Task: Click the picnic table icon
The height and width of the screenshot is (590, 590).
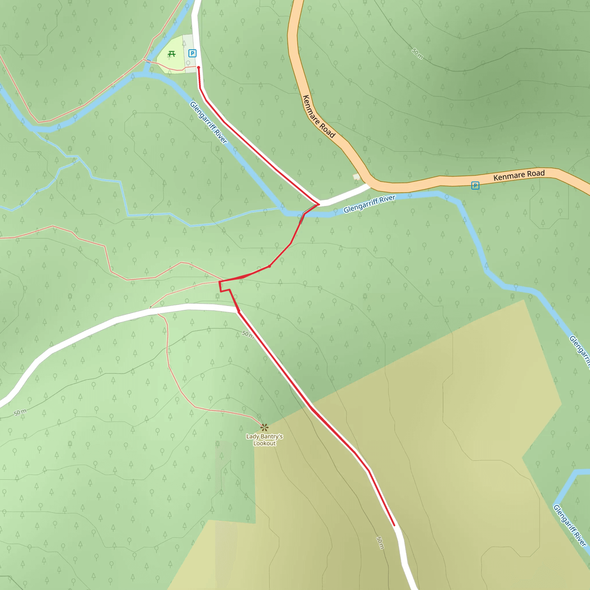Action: tap(172, 54)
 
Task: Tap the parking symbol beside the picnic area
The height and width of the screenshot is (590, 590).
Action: tap(192, 54)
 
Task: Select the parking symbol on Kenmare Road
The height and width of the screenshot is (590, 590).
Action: tap(475, 185)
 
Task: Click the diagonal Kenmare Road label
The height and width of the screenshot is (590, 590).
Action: tap(319, 116)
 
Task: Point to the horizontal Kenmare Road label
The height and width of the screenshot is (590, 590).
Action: tap(519, 175)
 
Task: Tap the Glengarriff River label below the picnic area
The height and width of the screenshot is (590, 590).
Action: tap(209, 122)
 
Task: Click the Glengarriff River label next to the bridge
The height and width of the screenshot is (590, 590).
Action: tap(370, 204)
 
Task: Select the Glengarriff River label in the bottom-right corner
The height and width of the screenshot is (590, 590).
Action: tap(570, 525)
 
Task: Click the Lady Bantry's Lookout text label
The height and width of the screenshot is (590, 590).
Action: tap(264, 440)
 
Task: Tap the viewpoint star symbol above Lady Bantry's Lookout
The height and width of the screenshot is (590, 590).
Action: tap(264, 427)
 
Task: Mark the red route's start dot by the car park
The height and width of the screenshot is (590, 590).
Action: tap(198, 67)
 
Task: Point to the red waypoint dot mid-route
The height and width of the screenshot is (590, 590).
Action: tap(269, 266)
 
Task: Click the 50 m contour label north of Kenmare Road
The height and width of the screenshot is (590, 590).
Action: tap(417, 54)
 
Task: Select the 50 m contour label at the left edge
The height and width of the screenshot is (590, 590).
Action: tap(20, 412)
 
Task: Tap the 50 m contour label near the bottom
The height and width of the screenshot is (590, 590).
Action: tap(380, 543)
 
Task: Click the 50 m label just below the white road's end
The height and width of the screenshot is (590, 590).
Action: tap(247, 334)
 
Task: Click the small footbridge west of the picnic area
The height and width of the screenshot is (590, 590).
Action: tap(148, 61)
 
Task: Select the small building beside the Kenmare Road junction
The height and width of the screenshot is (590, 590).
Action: tap(356, 177)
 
